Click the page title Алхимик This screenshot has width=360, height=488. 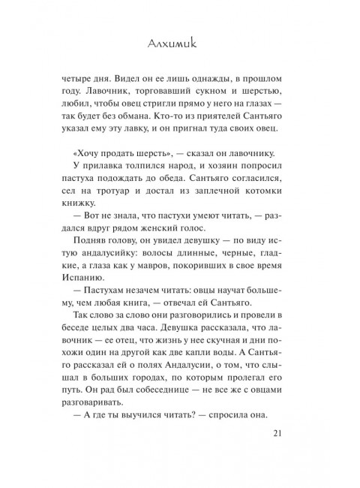click(179, 47)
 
